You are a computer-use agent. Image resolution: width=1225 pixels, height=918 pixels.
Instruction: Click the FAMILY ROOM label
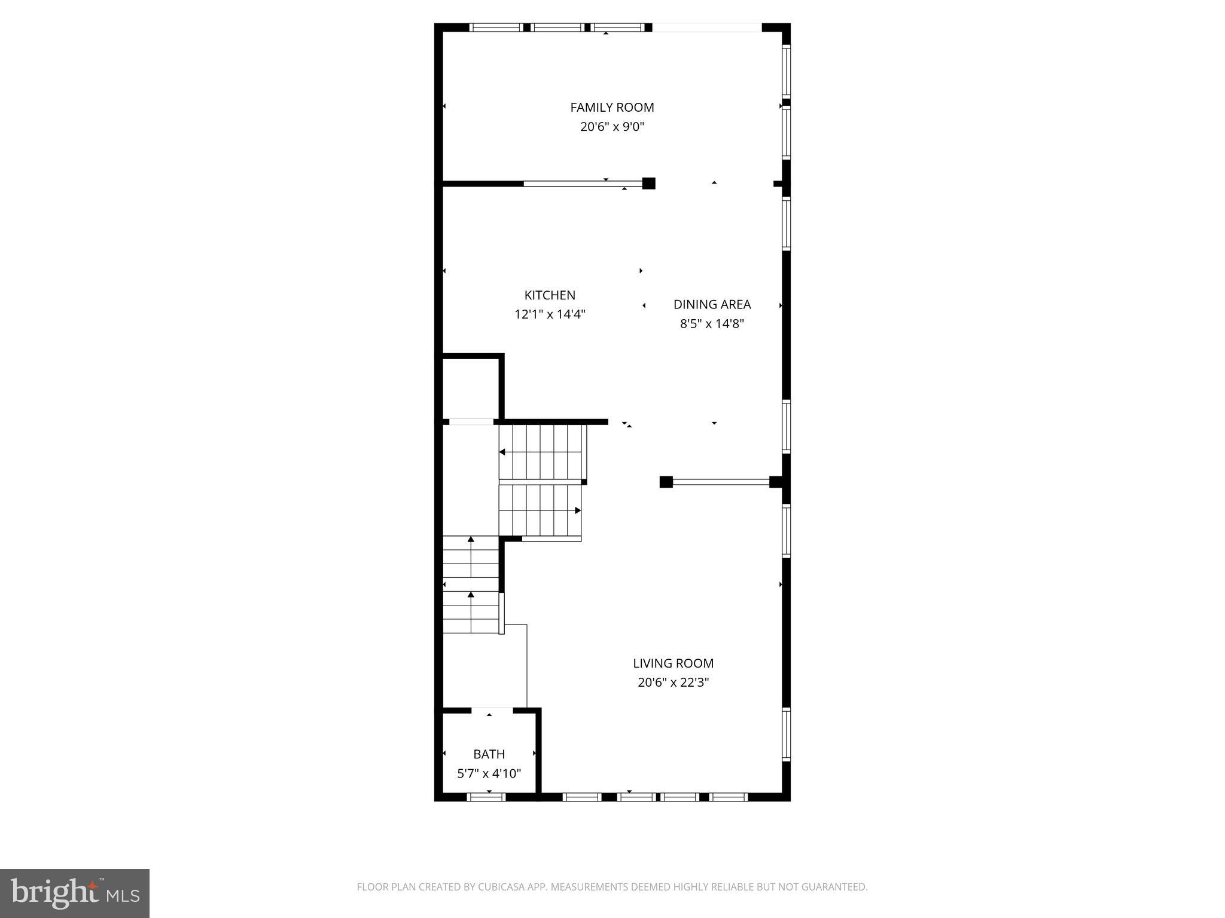pos(612,108)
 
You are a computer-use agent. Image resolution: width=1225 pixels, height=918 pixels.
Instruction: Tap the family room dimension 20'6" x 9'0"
pos(612,127)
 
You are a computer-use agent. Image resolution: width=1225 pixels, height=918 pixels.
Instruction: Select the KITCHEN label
pos(550,295)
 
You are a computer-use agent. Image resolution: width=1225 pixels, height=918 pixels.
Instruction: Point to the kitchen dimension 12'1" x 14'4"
pos(550,314)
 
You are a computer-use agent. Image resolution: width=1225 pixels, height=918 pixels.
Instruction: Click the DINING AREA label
pos(712,304)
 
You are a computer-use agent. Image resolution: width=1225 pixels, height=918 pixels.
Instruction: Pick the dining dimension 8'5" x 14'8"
pos(712,324)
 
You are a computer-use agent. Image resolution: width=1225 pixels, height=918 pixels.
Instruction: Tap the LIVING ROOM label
pos(673,663)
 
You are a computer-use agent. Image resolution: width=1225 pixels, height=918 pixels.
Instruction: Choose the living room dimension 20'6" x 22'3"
pos(673,682)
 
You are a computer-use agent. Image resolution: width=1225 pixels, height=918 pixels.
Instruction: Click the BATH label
pos(489,754)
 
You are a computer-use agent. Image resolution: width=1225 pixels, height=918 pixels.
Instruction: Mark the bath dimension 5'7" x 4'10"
pos(489,773)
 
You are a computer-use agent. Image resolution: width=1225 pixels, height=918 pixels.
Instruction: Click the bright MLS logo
pos(75,893)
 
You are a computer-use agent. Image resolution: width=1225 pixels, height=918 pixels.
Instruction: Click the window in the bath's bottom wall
pos(486,797)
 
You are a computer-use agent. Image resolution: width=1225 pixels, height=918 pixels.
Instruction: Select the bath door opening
pos(492,711)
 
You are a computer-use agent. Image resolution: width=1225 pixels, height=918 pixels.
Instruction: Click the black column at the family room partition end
pos(648,183)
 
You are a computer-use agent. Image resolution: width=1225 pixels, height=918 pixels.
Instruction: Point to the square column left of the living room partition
pos(666,482)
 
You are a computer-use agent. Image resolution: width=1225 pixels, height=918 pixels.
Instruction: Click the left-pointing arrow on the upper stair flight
pos(502,452)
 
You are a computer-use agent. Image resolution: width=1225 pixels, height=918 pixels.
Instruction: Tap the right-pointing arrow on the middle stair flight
pos(578,510)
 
